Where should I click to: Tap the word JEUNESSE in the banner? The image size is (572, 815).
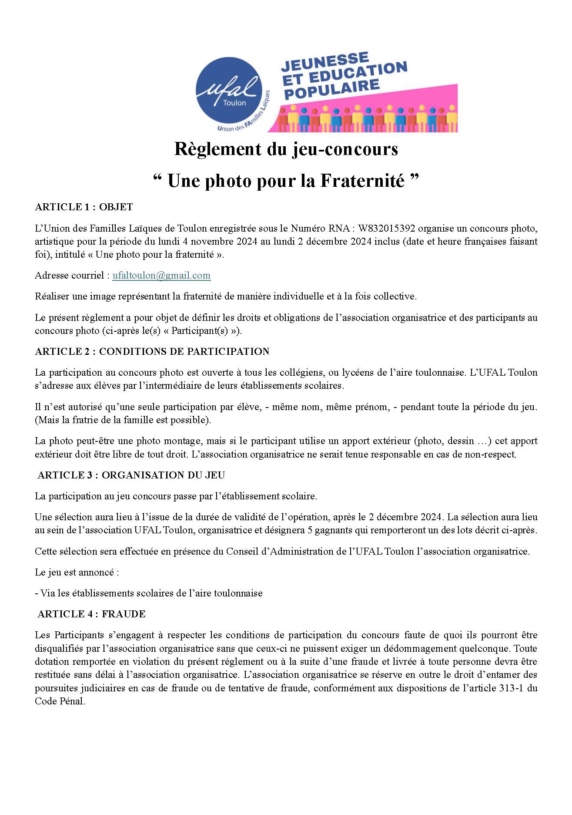coord(324,62)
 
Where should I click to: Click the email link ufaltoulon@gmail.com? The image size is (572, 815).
coord(161,275)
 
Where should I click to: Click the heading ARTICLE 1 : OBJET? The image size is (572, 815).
coord(84,207)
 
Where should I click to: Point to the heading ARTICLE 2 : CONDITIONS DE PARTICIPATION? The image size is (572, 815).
coord(152,351)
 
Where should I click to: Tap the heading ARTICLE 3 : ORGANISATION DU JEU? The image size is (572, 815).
coord(131,475)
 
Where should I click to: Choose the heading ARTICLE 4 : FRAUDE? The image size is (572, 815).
coord(91,614)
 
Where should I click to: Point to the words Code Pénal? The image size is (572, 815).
coord(60,701)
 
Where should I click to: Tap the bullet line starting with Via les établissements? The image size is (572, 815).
coord(148,593)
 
